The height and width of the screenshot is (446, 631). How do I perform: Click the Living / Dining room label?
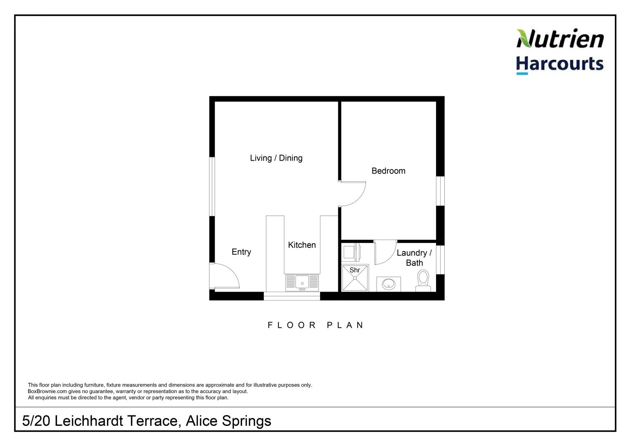[x=276, y=158]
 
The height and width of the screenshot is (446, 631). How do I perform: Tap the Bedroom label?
[x=388, y=171]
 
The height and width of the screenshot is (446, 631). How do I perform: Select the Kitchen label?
[x=302, y=245]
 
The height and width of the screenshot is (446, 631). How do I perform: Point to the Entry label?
[x=241, y=252]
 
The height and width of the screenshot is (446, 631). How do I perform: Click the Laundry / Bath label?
[x=414, y=258]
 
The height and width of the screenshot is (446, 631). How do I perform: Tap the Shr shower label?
[x=355, y=270]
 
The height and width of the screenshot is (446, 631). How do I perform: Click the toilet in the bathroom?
[x=423, y=280]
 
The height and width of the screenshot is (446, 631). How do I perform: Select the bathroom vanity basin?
[x=389, y=284]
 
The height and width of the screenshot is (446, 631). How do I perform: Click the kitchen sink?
[x=302, y=283]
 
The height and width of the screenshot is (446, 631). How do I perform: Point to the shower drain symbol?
[x=355, y=278]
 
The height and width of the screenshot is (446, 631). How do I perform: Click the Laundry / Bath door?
[x=384, y=253]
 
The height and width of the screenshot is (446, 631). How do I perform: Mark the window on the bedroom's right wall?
[x=441, y=191]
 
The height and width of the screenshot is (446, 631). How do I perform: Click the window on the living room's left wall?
[x=212, y=186]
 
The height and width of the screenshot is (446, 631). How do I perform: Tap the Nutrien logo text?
[x=560, y=39]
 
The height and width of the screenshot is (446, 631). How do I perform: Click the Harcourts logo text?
[x=560, y=64]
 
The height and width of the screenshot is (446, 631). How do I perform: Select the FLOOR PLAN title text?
[x=316, y=325]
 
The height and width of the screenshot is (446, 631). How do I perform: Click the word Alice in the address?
[x=202, y=421]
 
